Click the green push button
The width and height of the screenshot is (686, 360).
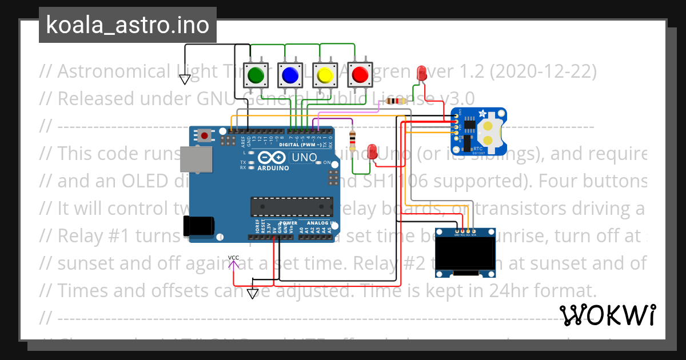256,75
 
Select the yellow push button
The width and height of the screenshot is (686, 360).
325,75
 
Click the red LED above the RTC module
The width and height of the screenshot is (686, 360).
422,73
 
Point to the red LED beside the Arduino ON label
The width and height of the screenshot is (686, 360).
373,151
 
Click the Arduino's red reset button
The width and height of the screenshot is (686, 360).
204,136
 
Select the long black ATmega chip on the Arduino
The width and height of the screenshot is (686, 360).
292,206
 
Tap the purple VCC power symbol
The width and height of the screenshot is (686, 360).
233,263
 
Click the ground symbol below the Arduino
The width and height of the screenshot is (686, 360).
253,294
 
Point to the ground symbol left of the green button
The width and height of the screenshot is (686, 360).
185,79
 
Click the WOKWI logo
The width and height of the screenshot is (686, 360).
608,315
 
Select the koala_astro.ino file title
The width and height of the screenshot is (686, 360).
127,26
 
